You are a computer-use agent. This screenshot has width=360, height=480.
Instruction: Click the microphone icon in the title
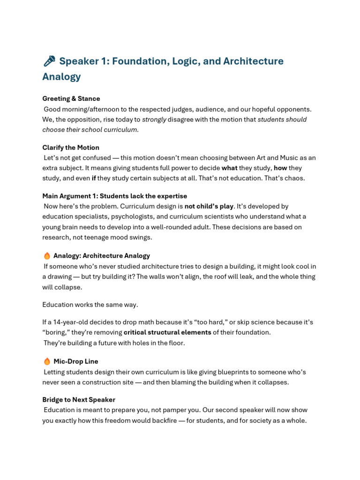tap(49, 61)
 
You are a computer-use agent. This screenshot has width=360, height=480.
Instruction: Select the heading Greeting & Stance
tap(71, 98)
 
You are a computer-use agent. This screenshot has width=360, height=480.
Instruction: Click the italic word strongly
tap(154, 119)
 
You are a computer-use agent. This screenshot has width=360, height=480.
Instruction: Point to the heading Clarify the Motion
tap(70, 147)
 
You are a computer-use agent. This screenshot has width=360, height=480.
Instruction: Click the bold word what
tap(229, 168)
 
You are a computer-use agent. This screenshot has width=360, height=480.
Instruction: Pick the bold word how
tap(280, 168)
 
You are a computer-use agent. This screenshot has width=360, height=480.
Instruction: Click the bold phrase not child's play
tap(209, 206)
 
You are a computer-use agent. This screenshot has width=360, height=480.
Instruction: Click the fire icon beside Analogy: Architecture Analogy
tap(47, 255)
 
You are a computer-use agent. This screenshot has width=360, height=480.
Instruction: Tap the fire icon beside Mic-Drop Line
tap(47, 361)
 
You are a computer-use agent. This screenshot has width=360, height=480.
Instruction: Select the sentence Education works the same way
tap(90, 305)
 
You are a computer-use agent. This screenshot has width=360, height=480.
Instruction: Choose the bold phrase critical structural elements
tap(167, 332)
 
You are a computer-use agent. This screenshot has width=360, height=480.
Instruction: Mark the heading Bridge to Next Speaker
tap(79, 400)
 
